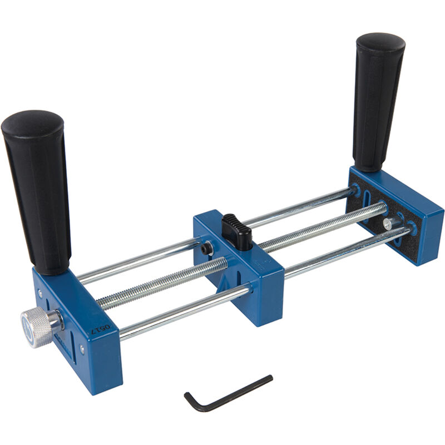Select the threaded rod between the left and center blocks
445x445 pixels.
click(161, 284)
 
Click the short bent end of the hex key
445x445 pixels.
click(190, 402)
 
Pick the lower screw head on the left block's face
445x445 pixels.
click(82, 349)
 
